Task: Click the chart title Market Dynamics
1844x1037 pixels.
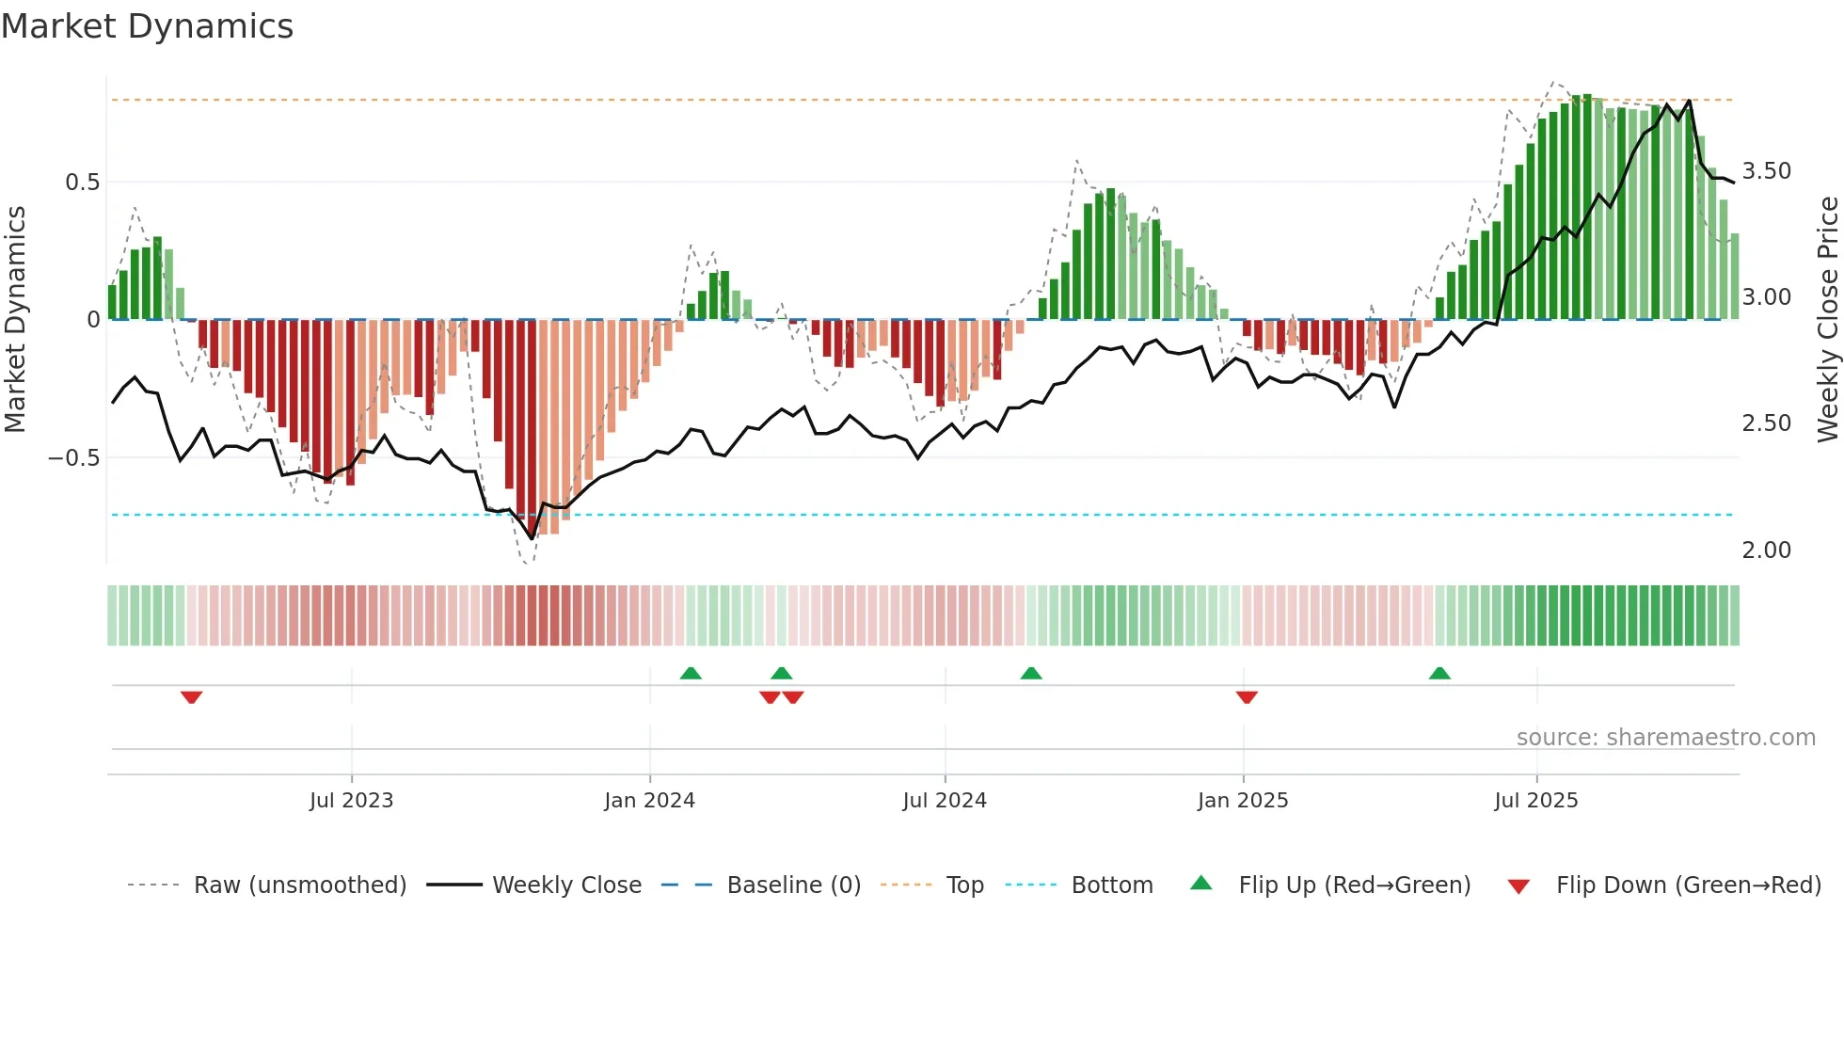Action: (147, 26)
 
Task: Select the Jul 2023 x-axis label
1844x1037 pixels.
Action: (351, 801)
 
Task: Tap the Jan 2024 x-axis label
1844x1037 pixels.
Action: (649, 801)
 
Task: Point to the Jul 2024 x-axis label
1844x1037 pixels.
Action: (945, 801)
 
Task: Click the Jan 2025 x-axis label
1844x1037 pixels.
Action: (1243, 801)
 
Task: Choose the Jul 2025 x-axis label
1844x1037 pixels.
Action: (1536, 801)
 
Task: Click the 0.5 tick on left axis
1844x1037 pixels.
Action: (82, 183)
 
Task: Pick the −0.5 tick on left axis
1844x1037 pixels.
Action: (73, 458)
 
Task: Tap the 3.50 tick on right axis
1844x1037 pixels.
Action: (1766, 171)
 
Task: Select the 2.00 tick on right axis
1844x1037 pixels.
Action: (1766, 550)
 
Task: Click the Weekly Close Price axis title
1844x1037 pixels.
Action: (1827, 320)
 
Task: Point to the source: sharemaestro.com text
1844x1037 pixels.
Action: (1665, 738)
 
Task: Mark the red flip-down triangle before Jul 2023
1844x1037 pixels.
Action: (191, 697)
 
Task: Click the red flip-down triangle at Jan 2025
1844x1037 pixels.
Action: (1247, 697)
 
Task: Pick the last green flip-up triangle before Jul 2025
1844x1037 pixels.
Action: (1439, 673)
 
